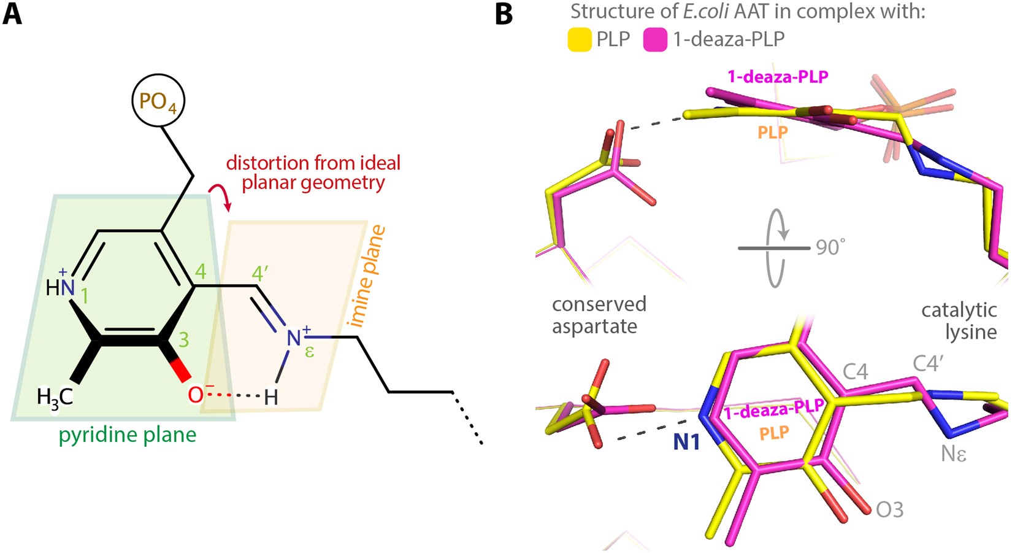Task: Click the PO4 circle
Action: point(158,101)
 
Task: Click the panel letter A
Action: point(12,14)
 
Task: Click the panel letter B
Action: point(504,14)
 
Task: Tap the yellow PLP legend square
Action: point(578,39)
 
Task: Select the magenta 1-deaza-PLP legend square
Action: point(655,39)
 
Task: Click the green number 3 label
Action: point(183,340)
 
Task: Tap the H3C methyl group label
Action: point(55,396)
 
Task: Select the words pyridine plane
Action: point(128,435)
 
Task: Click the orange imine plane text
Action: point(366,276)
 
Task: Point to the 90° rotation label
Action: point(830,247)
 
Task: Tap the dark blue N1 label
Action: point(686,442)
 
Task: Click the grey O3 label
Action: point(889,509)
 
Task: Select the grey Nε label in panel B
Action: point(954,454)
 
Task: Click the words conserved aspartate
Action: point(599,315)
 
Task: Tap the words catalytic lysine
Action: point(959,320)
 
